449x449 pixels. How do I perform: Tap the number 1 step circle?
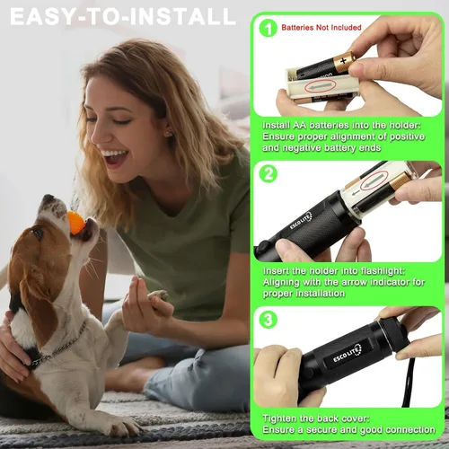[x=268, y=28]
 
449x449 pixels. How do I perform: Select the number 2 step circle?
[x=268, y=174]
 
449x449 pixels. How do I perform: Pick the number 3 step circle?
[x=268, y=319]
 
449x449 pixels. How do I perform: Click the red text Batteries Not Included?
[x=321, y=28]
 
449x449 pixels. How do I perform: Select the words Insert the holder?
[x=310, y=269]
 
